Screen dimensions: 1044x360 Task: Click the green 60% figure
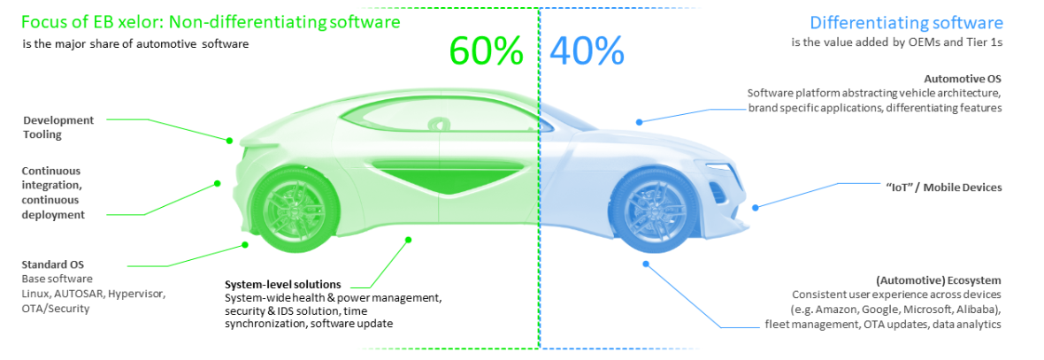[487, 50]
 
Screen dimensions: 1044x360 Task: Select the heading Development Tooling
[58, 127]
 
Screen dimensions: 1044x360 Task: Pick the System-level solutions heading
[283, 283]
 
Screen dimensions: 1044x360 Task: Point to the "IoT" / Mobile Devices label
[940, 188]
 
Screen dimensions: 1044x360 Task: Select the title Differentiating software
[906, 23]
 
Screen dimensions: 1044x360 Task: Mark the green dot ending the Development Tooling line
[229, 141]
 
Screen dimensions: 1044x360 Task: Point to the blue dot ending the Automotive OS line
[639, 122]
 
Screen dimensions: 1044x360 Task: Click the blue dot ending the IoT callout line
[756, 207]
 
